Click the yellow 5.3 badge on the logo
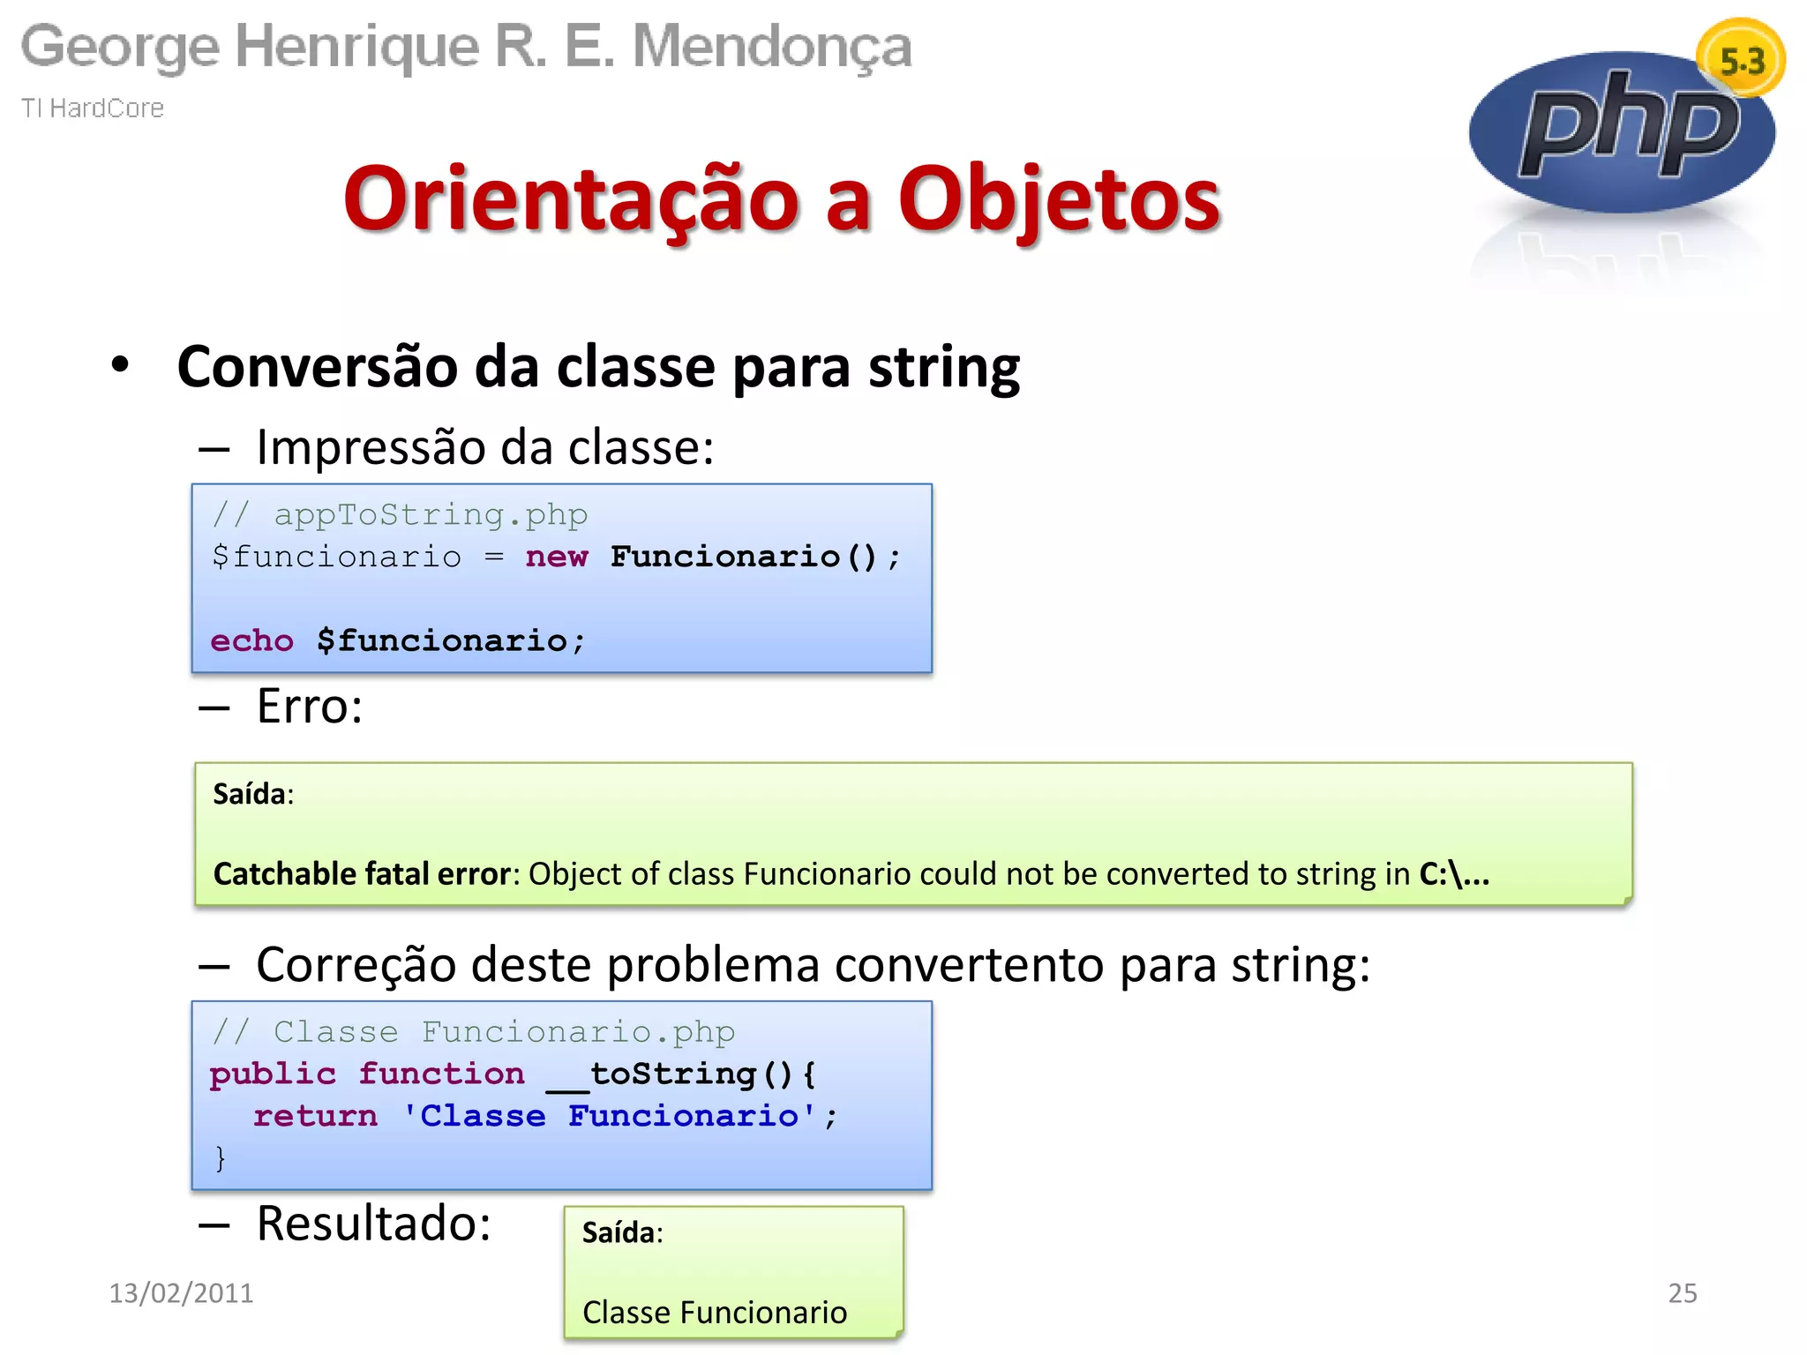[x=1741, y=61]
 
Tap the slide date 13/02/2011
[x=181, y=1292]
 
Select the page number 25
[x=1682, y=1292]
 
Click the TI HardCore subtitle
[x=93, y=108]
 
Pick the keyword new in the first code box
[x=556, y=557]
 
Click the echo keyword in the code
[x=251, y=640]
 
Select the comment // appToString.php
[x=400, y=514]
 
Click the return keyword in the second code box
[x=315, y=1116]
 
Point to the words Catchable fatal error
[x=363, y=873]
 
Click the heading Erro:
[x=309, y=706]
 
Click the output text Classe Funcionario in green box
[x=714, y=1312]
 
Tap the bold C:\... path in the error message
[x=1453, y=873]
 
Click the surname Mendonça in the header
[x=772, y=46]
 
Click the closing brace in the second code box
[x=220, y=1157]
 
